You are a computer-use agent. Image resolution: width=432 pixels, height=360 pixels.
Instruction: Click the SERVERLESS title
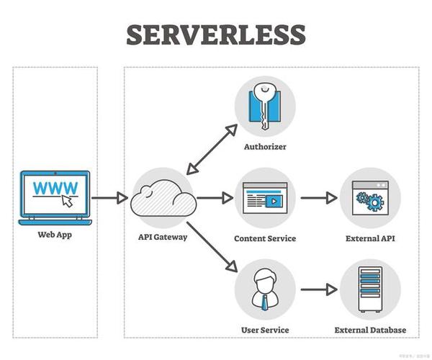point(216,35)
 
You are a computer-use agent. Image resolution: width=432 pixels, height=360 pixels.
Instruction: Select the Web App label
point(55,235)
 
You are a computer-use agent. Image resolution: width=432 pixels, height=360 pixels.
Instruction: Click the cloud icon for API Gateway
point(163,197)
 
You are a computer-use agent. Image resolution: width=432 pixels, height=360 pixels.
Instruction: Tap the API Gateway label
point(163,236)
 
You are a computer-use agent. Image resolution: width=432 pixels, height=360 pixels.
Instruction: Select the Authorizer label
point(264,147)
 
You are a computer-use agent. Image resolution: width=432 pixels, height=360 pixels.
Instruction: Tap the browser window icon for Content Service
point(264,197)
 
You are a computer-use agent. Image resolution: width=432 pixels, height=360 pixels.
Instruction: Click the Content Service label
point(264,238)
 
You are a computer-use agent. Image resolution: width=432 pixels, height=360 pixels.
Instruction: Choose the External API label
point(370,238)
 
